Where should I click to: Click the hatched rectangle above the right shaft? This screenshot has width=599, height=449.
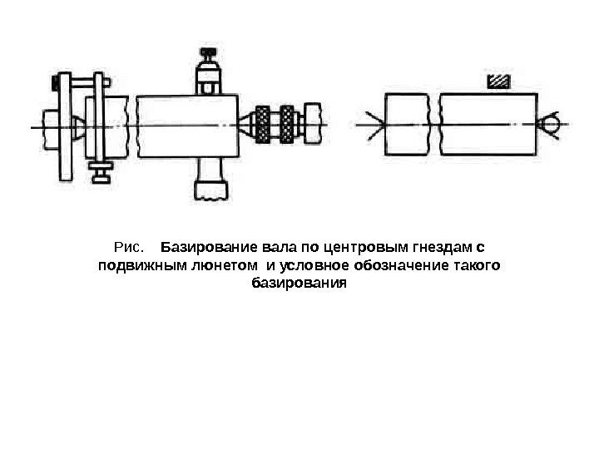[498, 81]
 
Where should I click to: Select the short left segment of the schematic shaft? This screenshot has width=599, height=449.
[408, 125]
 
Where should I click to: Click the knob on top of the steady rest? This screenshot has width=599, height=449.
[207, 59]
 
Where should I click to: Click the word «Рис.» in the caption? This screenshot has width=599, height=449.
[128, 248]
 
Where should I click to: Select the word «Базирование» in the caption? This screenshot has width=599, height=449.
[209, 248]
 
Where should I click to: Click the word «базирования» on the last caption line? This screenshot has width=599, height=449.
[297, 284]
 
